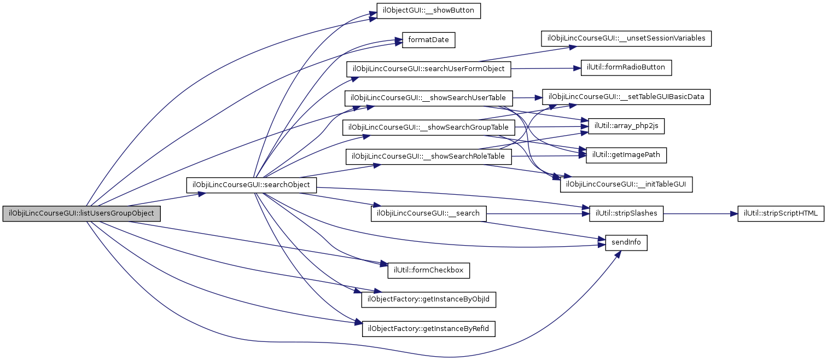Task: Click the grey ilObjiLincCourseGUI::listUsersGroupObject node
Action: [x=81, y=213]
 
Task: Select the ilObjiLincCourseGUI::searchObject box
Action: [x=252, y=185]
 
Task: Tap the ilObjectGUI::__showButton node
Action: [x=429, y=11]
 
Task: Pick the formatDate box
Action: [x=429, y=40]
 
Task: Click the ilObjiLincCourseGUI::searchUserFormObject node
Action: [x=428, y=69]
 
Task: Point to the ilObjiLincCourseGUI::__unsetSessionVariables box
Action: [x=626, y=39]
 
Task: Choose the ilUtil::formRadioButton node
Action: [x=626, y=68]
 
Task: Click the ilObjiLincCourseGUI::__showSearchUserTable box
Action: [x=428, y=98]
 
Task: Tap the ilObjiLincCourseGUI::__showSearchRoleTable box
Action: [x=428, y=156]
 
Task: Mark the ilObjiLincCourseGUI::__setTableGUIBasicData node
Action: [x=626, y=97]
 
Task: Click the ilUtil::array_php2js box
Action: [x=626, y=126]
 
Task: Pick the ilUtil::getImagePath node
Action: [x=626, y=155]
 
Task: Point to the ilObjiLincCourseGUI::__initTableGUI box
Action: [x=626, y=185]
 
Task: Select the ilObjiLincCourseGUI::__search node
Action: [x=428, y=213]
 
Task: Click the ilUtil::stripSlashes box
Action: [x=626, y=213]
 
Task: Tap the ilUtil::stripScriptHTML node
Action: [x=781, y=213]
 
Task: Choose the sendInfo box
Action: [x=626, y=242]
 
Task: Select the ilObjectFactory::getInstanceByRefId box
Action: [x=429, y=329]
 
